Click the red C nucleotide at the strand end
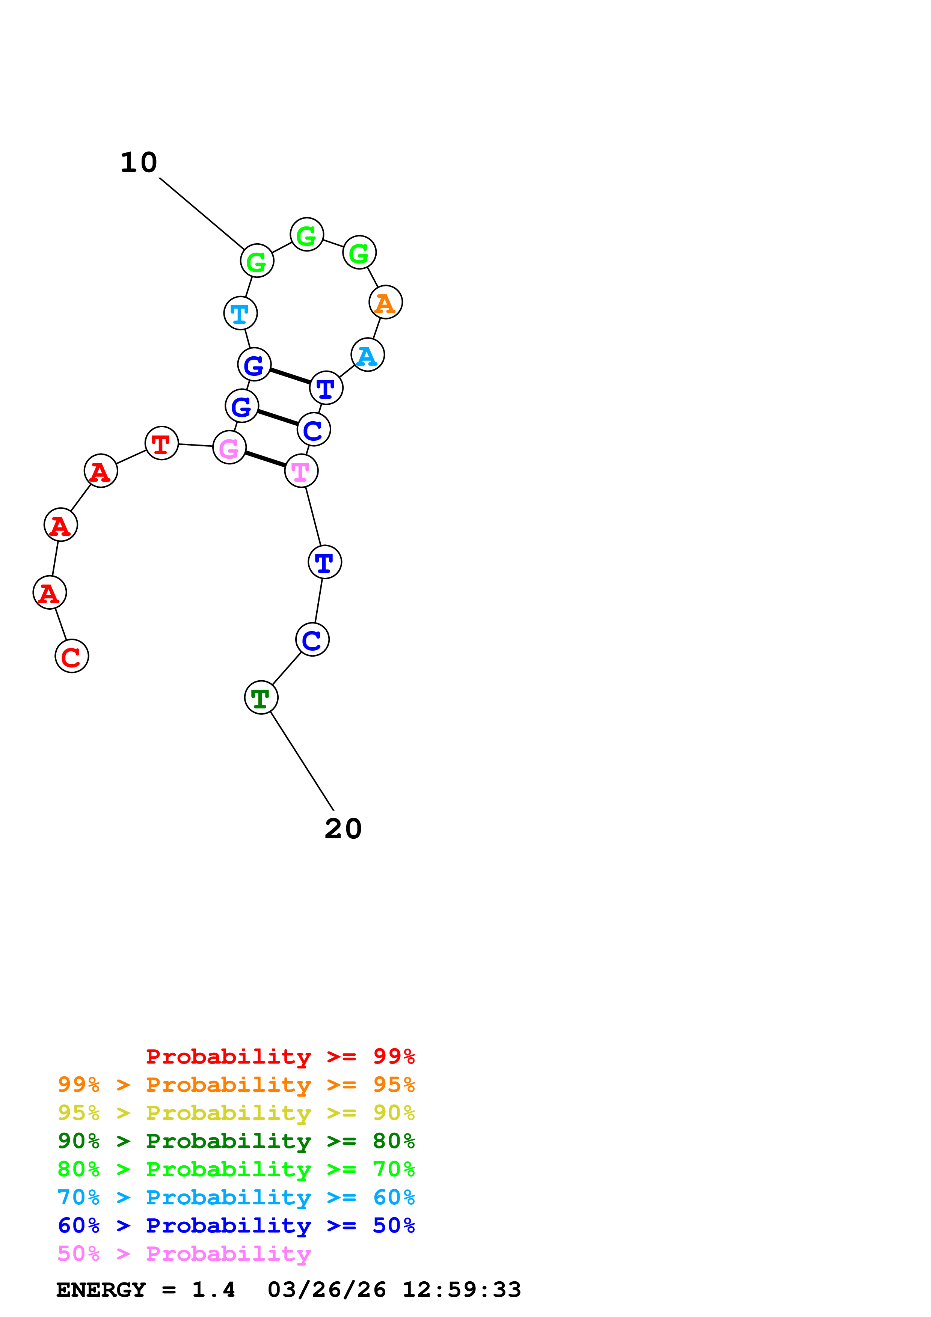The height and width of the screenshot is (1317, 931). pos(72,656)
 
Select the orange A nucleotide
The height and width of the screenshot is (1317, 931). pos(385,302)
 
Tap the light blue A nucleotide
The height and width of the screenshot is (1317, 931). pos(368,355)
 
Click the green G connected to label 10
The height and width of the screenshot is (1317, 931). pos(257,261)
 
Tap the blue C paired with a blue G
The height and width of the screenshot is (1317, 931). pos(314,429)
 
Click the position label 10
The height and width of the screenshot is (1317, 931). pos(139,163)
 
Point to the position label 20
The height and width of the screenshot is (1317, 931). pos(343,829)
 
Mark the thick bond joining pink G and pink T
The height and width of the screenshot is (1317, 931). pos(265,459)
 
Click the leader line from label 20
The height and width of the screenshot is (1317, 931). pos(301,761)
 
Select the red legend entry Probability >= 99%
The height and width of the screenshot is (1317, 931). pos(280,1056)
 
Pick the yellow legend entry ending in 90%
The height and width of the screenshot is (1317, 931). pos(236,1114)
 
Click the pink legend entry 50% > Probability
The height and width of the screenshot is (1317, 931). pos(184,1254)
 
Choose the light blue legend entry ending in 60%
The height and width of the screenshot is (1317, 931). pos(236,1198)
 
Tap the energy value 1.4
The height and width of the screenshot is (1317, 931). pos(213,1290)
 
